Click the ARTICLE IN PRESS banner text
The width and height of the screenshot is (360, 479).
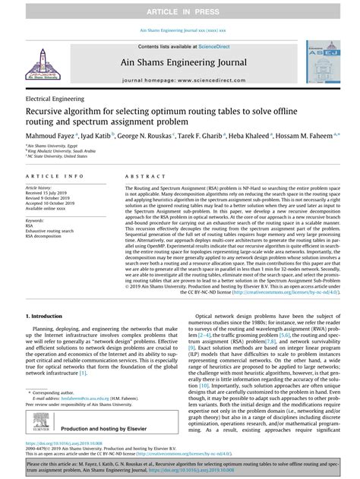click(179, 13)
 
